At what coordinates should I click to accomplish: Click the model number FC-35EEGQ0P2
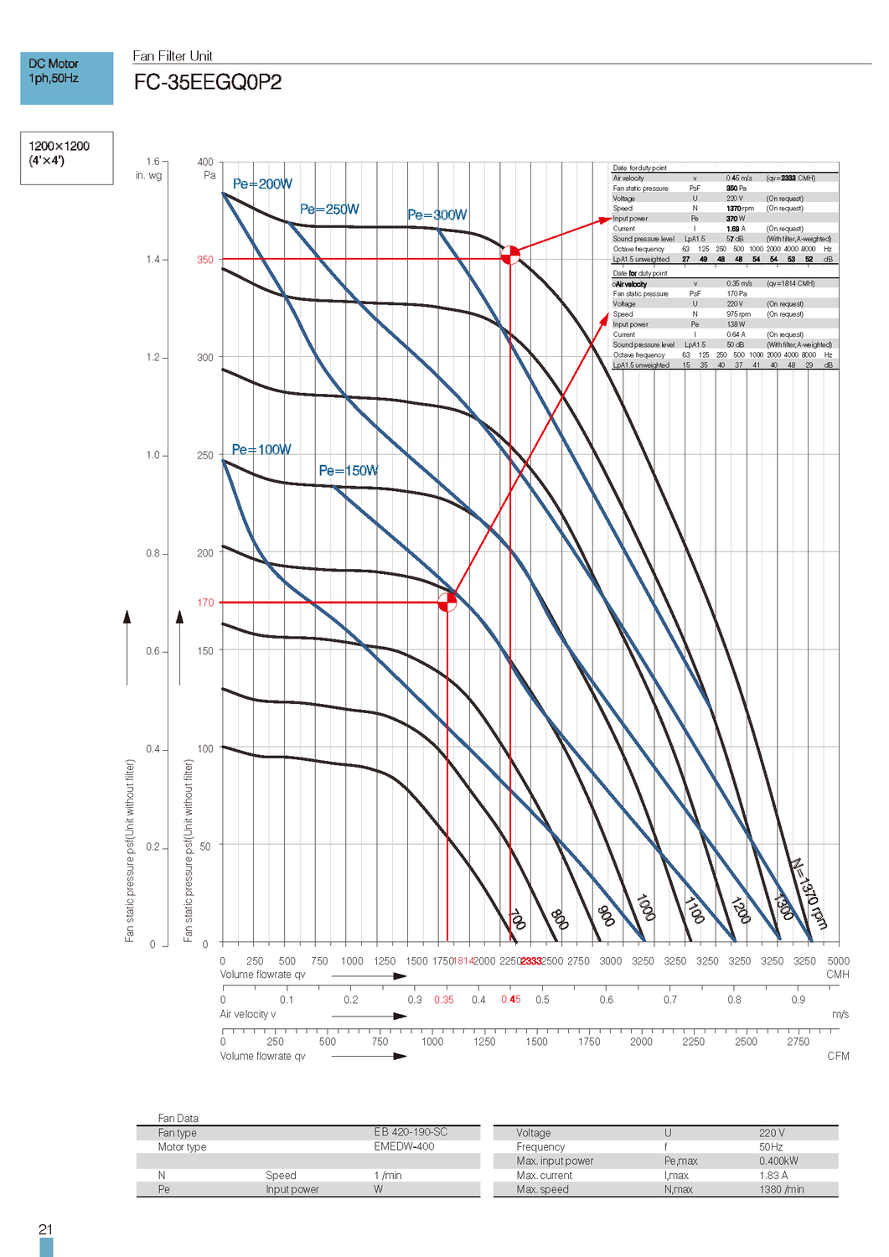[x=208, y=82]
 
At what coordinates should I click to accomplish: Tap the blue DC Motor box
[x=66, y=78]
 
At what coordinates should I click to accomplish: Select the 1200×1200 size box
[x=66, y=158]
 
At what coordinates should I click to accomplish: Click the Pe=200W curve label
[x=262, y=184]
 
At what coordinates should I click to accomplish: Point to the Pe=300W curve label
[x=437, y=215]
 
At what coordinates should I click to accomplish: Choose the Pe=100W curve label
[x=261, y=450]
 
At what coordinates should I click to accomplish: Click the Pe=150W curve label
[x=349, y=471]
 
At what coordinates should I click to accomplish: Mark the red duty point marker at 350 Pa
[x=510, y=255]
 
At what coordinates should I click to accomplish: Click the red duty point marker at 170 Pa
[x=447, y=602]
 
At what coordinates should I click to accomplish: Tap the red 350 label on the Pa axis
[x=205, y=260]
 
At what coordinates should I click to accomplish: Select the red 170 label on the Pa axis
[x=205, y=603]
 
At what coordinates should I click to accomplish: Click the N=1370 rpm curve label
[x=809, y=893]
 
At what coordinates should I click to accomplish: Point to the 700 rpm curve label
[x=518, y=919]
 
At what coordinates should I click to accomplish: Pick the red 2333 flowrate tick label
[x=531, y=961]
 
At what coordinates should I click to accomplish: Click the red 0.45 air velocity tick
[x=511, y=1000]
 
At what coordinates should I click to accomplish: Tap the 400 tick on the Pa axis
[x=205, y=163]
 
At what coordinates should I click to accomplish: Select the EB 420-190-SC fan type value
[x=411, y=1132]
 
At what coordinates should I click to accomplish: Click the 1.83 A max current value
[x=773, y=1176]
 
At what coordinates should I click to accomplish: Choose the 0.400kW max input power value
[x=778, y=1161]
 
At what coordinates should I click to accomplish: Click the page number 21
[x=45, y=1229]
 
